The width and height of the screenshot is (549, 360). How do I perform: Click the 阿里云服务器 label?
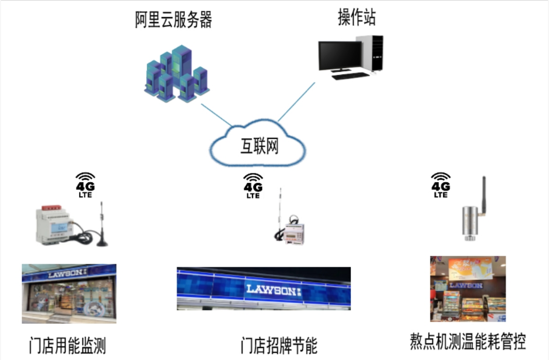174,20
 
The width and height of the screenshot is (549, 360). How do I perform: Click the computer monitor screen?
339,55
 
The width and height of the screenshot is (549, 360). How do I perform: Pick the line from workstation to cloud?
296,101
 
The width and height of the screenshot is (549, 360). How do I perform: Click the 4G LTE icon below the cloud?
253,186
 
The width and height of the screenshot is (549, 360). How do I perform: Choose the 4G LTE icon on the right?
441,185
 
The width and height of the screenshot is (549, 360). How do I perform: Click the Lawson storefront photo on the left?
69,293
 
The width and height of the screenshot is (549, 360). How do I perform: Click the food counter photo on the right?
467,289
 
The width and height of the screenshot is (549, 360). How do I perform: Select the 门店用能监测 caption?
68,345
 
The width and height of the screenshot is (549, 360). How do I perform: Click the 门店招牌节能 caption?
279,345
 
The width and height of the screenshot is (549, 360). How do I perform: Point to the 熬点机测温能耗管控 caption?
467,341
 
